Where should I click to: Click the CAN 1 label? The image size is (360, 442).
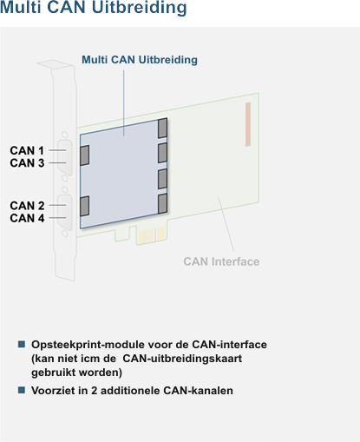pyautogui.click(x=27, y=150)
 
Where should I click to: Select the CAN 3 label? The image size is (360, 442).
pyautogui.click(x=27, y=163)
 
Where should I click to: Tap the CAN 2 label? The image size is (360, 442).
pyautogui.click(x=27, y=206)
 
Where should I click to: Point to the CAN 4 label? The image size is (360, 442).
pyautogui.click(x=27, y=218)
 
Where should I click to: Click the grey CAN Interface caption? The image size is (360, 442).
pyautogui.click(x=221, y=261)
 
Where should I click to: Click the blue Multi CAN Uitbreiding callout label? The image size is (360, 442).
pyautogui.click(x=140, y=60)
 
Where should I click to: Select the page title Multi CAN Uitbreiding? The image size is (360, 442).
pyautogui.click(x=93, y=7)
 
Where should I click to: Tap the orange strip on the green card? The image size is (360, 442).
pyautogui.click(x=248, y=124)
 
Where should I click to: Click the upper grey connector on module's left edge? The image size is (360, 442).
pyautogui.click(x=84, y=155)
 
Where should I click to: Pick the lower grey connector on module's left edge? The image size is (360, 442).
pyautogui.click(x=84, y=206)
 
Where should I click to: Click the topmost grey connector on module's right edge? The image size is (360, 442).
pyautogui.click(x=162, y=128)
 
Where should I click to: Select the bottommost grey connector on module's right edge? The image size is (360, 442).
pyautogui.click(x=162, y=203)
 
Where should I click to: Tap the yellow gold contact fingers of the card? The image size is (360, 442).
pyautogui.click(x=152, y=235)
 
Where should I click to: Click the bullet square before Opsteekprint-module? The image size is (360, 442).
pyautogui.click(x=22, y=345)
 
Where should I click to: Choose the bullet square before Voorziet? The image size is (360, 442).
pyautogui.click(x=22, y=390)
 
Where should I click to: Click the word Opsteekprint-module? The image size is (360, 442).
pyautogui.click(x=88, y=345)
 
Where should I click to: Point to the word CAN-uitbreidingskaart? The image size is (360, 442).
pyautogui.click(x=182, y=359)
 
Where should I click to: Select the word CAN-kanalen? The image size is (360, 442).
pyautogui.click(x=198, y=391)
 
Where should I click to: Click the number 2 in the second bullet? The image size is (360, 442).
pyautogui.click(x=94, y=391)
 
